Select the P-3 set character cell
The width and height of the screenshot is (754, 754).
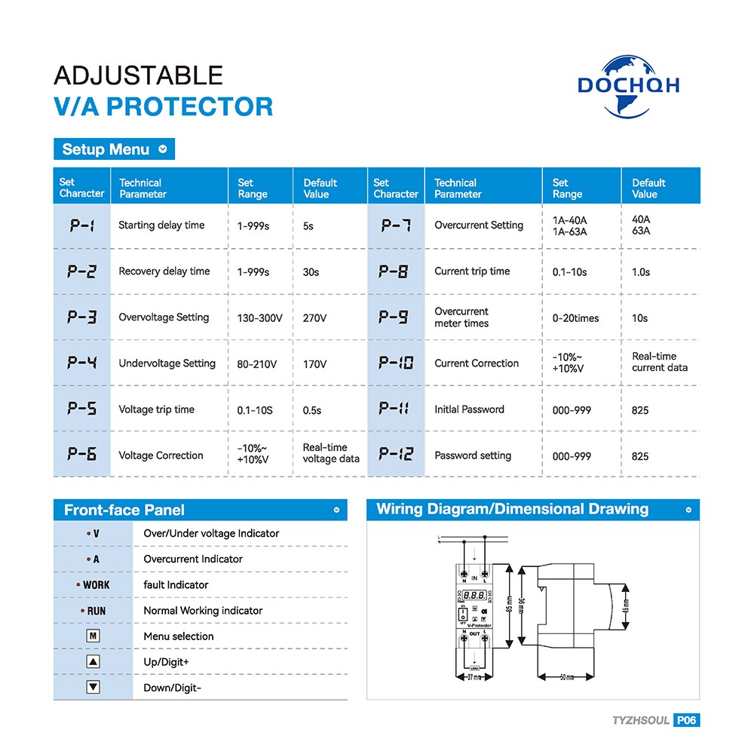(x=82, y=317)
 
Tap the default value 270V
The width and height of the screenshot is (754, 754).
(x=314, y=318)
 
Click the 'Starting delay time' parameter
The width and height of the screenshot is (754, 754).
(x=161, y=225)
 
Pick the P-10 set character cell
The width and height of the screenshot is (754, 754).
(x=396, y=363)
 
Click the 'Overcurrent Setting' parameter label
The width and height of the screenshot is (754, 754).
(x=479, y=225)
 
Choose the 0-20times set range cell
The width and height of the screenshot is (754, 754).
(x=575, y=318)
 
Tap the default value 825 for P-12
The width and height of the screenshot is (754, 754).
(x=640, y=456)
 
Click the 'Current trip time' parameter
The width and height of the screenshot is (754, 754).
(x=472, y=271)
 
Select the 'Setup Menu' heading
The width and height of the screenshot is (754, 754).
(x=106, y=149)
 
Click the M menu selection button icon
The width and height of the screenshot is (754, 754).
(x=93, y=636)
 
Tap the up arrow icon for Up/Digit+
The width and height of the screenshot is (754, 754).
(x=93, y=661)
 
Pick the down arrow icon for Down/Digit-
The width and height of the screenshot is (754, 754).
(x=93, y=687)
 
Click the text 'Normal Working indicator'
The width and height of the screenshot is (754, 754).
(x=203, y=611)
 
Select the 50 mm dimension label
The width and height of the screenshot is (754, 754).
(x=565, y=678)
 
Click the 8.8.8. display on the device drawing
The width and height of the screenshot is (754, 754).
(x=474, y=596)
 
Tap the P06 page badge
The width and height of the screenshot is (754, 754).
(x=687, y=720)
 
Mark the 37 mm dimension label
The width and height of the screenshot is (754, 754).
(x=474, y=678)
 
